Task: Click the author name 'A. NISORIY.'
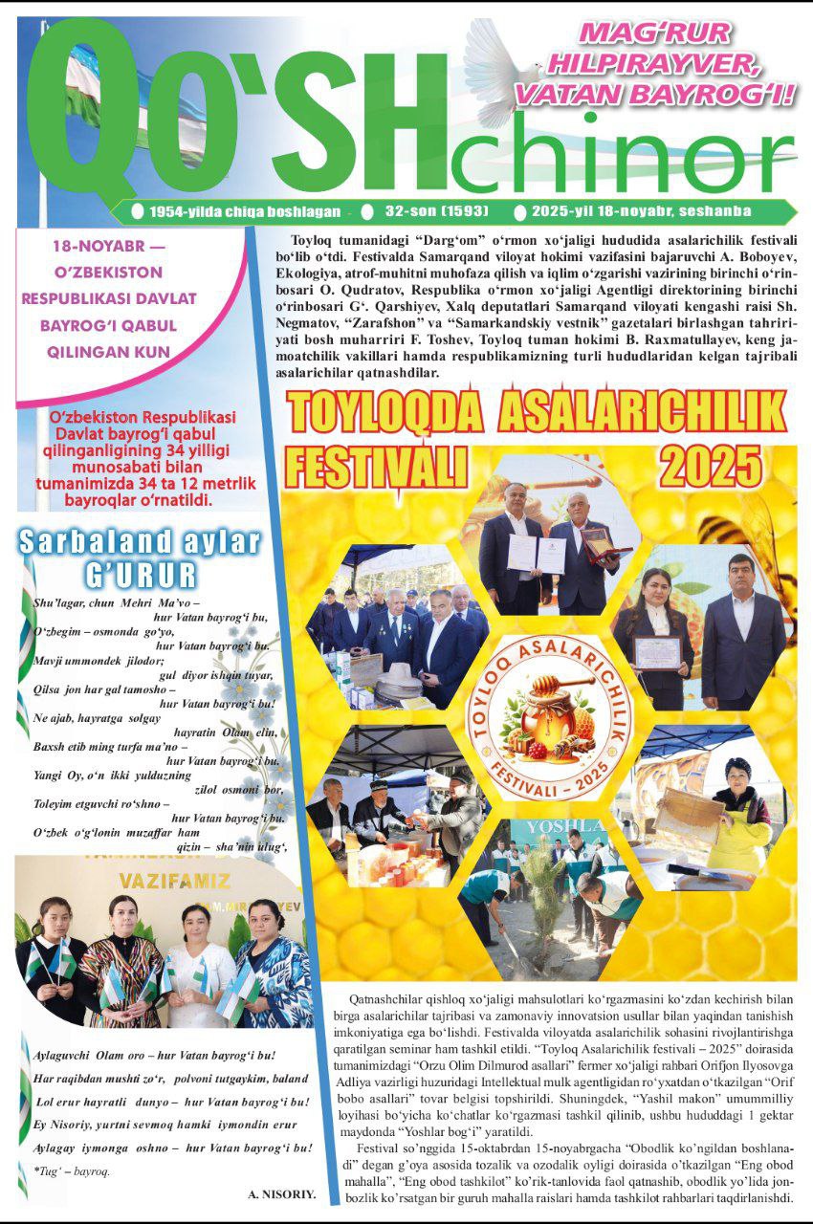pos(281,1194)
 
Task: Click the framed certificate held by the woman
pos(657,652)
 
